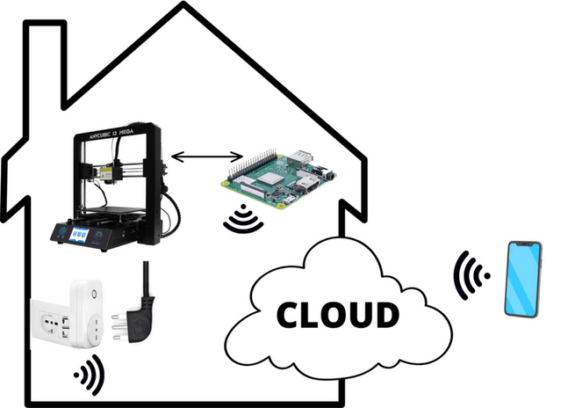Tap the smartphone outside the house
[522, 279]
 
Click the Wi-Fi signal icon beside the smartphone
[471, 277]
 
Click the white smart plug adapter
[86, 312]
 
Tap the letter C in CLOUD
[290, 314]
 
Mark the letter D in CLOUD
[387, 313]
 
